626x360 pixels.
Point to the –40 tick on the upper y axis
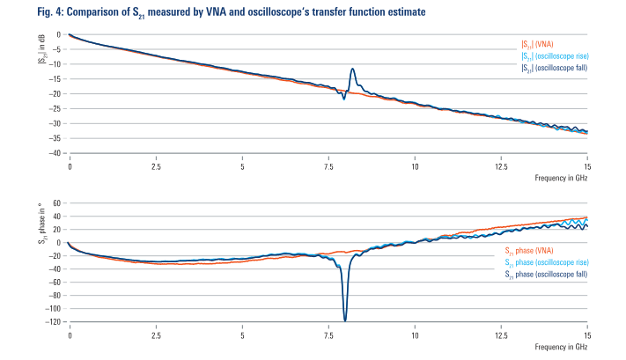point(54,152)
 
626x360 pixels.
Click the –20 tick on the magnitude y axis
point(54,93)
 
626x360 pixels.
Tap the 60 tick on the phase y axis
point(55,203)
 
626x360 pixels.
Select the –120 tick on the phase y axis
point(52,321)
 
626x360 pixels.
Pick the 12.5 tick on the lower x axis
point(501,334)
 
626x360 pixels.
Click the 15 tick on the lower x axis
point(586,334)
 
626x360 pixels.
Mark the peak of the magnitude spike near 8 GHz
point(352,69)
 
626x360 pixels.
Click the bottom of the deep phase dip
point(345,320)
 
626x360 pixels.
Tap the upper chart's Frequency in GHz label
point(561,178)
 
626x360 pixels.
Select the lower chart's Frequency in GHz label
point(561,348)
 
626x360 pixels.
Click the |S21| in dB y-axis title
point(41,48)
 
